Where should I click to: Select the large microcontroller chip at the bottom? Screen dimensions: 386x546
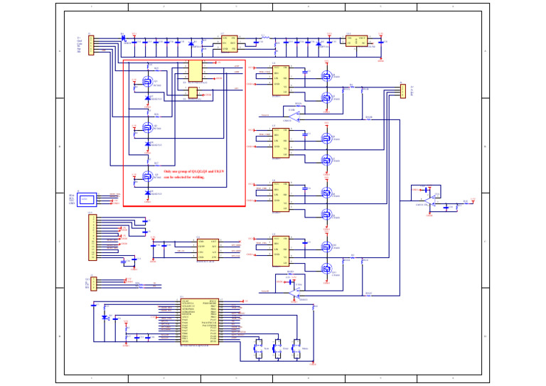point(199,321)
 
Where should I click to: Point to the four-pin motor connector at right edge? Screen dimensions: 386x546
point(402,91)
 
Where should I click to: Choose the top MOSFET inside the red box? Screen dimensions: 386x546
point(147,82)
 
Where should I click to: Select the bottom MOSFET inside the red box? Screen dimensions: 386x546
point(147,175)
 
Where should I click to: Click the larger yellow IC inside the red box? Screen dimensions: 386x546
point(194,71)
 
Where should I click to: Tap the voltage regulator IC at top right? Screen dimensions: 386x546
point(355,41)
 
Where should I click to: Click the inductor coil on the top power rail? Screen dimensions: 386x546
point(264,36)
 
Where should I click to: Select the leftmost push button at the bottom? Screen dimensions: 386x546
point(259,348)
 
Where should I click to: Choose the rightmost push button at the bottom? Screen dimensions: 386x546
point(296,348)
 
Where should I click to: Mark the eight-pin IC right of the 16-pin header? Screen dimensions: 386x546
point(207,249)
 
